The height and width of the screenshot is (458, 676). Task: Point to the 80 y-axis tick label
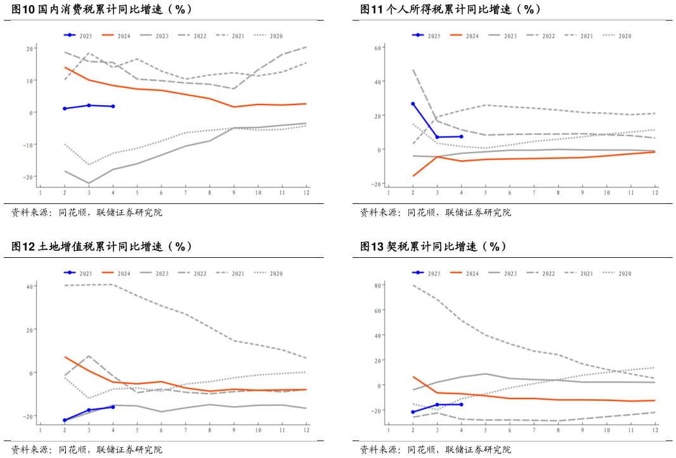click(x=375, y=286)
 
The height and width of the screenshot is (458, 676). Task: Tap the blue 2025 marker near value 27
click(x=413, y=104)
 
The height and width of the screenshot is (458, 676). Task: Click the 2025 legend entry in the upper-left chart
click(x=78, y=36)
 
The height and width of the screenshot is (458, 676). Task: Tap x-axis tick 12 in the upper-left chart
click(x=306, y=192)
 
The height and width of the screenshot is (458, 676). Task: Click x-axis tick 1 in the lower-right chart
click(x=389, y=430)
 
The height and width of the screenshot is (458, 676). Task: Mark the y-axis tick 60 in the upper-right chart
click(x=377, y=48)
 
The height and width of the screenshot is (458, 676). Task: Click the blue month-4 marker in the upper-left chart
click(x=113, y=106)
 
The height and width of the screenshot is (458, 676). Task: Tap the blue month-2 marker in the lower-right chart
click(x=413, y=412)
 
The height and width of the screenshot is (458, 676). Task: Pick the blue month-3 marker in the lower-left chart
click(x=89, y=410)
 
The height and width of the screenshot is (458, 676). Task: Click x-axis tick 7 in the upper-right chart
click(x=534, y=192)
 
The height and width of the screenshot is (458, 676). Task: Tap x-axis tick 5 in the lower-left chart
click(x=137, y=430)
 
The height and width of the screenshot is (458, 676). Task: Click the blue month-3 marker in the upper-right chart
click(x=437, y=137)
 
